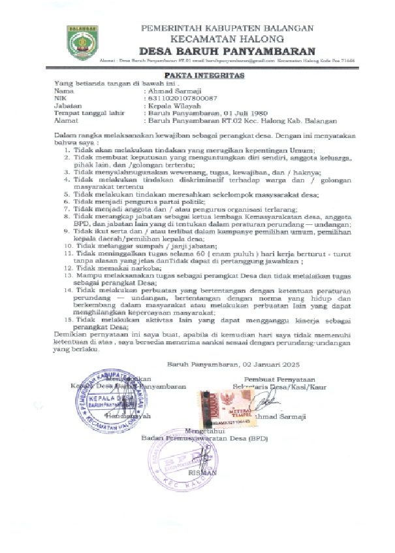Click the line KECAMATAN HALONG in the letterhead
point(228,39)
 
